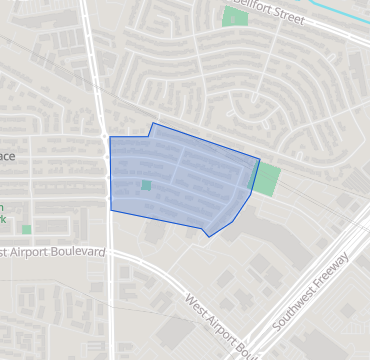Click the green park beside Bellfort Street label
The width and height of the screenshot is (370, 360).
(x=235, y=17)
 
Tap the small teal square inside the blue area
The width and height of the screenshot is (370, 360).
(x=146, y=185)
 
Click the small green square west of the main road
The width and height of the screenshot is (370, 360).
(x=26, y=229)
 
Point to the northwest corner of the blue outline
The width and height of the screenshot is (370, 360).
(x=109, y=137)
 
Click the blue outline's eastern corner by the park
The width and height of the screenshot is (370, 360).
(x=259, y=159)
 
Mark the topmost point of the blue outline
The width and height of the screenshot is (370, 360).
(x=152, y=124)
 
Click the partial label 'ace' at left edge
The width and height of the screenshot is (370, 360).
(x=8, y=157)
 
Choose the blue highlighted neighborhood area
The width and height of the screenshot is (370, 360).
(x=180, y=180)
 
